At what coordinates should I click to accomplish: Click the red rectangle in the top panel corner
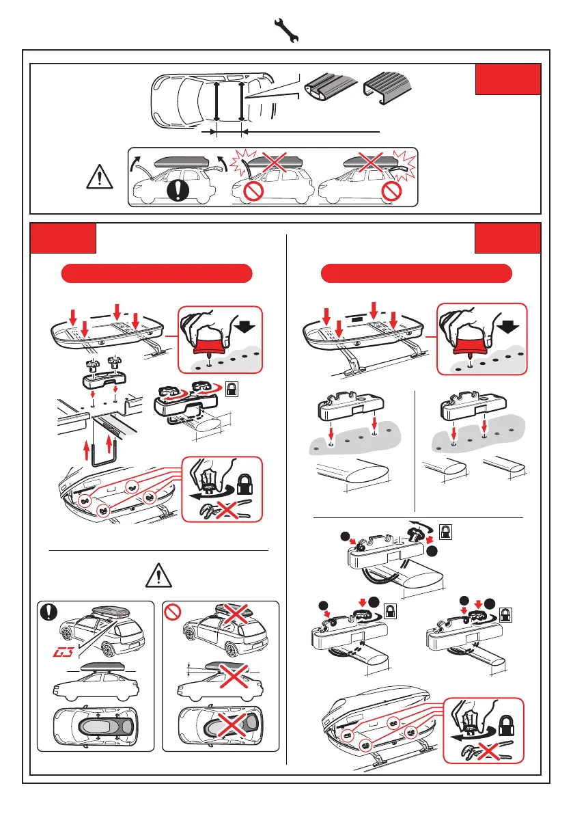(507, 80)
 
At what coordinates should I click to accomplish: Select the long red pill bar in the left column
(157, 275)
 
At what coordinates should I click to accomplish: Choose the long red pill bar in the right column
(417, 274)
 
